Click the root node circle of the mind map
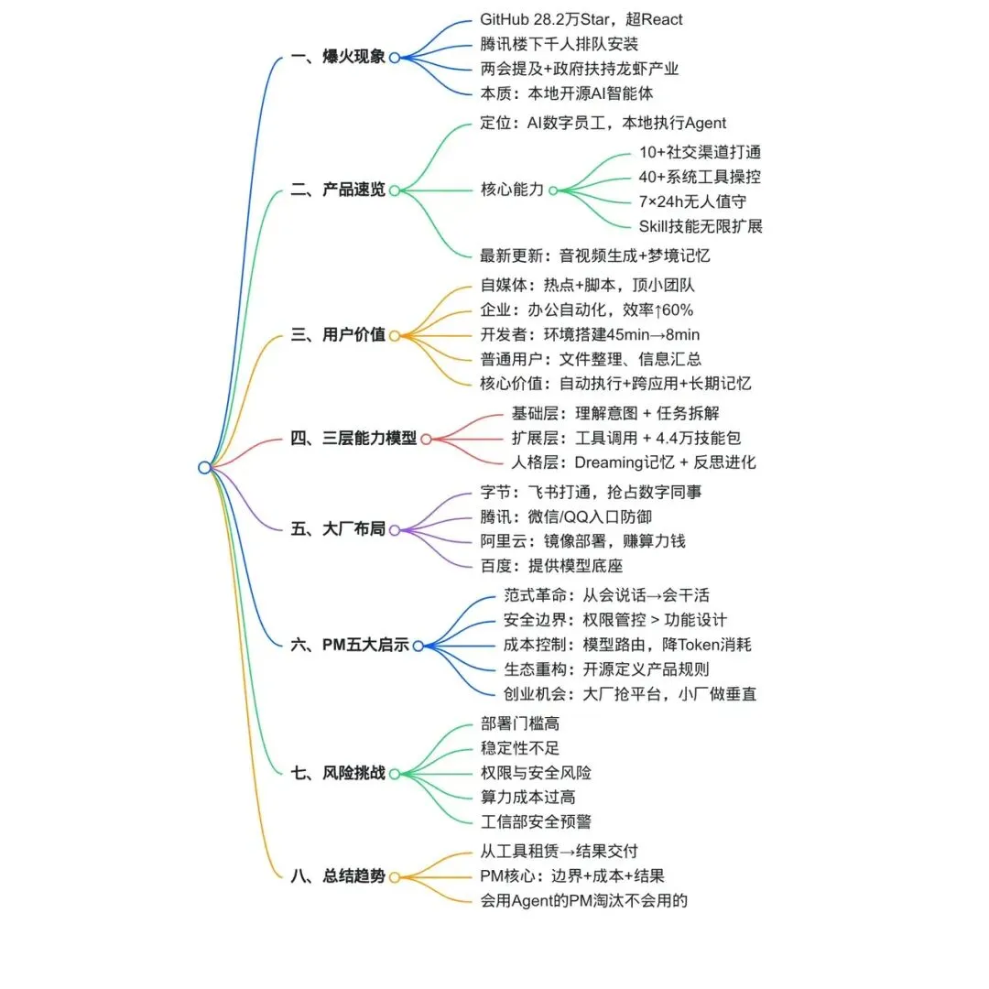204,467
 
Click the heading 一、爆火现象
338,57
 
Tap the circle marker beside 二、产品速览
395,190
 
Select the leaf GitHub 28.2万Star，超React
581,19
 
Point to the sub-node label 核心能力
512,190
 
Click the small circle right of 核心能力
553,190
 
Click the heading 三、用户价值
338,335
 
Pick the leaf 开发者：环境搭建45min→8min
590,335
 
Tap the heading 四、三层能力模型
353,439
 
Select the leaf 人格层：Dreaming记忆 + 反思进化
634,462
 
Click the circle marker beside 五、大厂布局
395,529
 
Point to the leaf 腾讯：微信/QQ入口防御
566,517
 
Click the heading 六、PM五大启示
350,645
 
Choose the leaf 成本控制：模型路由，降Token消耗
627,645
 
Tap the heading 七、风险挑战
338,773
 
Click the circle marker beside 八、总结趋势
395,876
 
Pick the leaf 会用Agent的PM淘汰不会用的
584,900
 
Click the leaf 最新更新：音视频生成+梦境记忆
595,255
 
